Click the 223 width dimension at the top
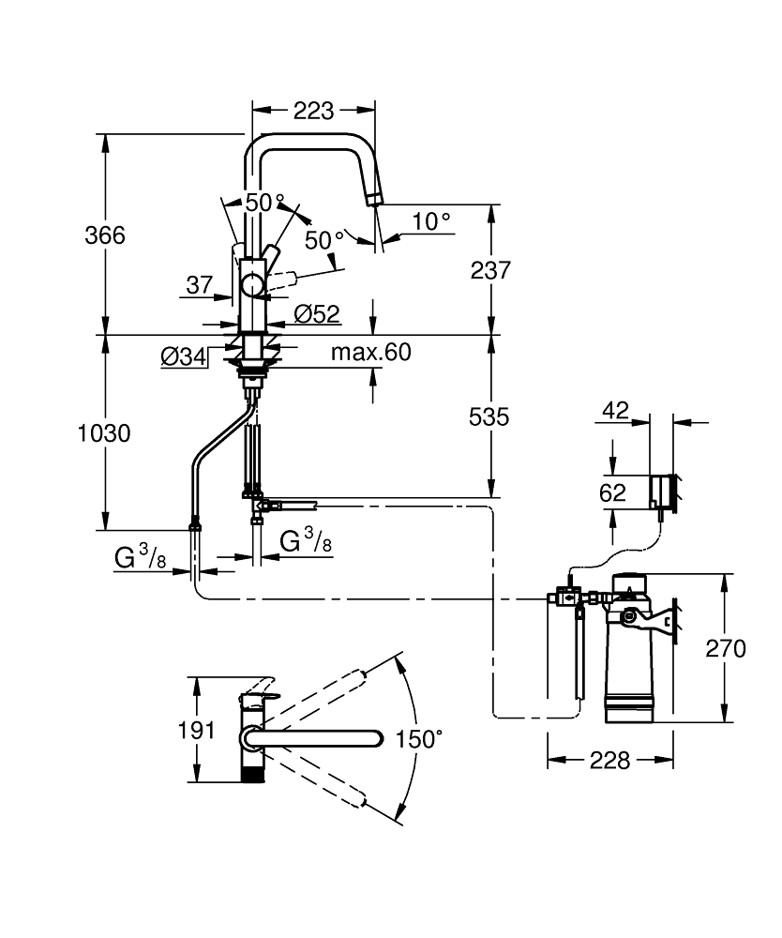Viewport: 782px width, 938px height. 313,111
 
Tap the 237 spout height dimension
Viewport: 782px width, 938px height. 489,270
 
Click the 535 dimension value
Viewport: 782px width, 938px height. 489,416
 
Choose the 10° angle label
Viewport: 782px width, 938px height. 431,221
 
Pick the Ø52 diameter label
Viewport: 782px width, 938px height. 317,314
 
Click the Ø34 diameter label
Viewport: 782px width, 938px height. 184,356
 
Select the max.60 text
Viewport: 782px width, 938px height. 371,353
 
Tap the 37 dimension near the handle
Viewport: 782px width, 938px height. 199,284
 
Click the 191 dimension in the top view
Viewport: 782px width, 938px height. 197,730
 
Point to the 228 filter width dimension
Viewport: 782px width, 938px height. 611,760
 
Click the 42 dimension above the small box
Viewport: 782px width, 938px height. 615,410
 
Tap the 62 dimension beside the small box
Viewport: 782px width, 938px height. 612,492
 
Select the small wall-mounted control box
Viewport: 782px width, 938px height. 662,491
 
